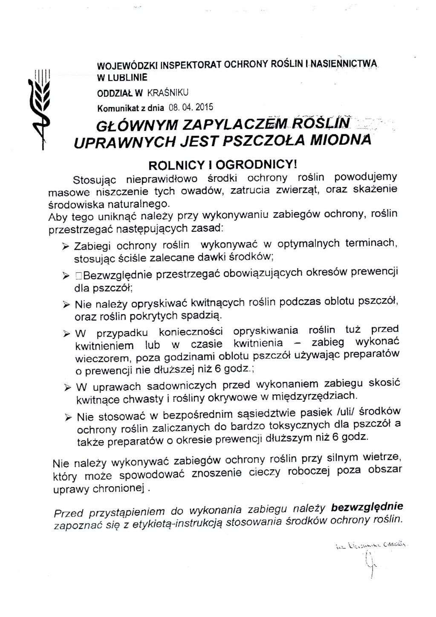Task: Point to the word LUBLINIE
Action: [x=126, y=78]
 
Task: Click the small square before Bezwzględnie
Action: [x=78, y=276]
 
